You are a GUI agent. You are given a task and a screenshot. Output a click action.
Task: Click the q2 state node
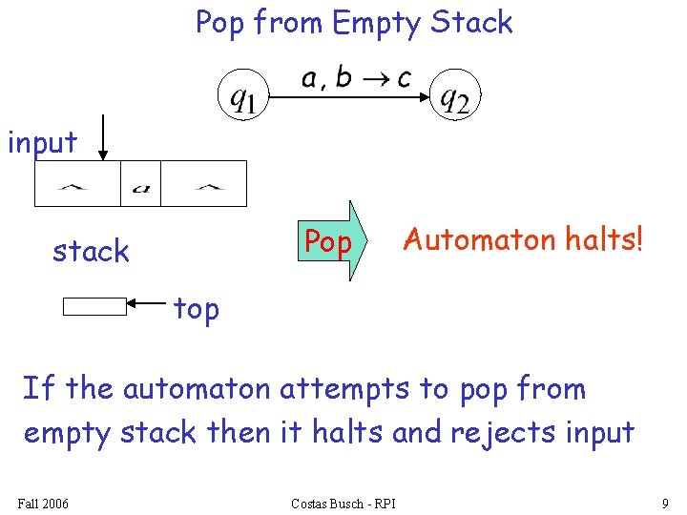pyautogui.click(x=454, y=96)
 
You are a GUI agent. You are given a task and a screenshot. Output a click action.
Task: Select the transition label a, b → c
pyautogui.click(x=355, y=78)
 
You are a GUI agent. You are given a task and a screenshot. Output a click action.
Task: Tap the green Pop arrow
pyautogui.click(x=333, y=241)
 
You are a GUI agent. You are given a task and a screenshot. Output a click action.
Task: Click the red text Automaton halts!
pyautogui.click(x=523, y=238)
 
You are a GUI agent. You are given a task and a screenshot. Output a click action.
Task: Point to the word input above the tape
pyautogui.click(x=42, y=143)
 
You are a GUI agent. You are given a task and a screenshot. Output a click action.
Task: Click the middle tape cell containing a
pyautogui.click(x=140, y=183)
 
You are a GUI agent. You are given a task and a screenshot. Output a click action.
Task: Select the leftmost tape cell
pyautogui.click(x=77, y=183)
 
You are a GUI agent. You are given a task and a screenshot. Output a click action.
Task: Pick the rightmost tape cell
pyautogui.click(x=203, y=183)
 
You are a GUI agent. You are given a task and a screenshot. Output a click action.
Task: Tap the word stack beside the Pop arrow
pyautogui.click(x=91, y=251)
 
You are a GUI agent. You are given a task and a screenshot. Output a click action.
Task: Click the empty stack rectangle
pyautogui.click(x=94, y=306)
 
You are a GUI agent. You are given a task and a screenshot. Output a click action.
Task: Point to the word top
pyautogui.click(x=197, y=309)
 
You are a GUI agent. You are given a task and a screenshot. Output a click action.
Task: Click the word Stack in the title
pyautogui.click(x=471, y=22)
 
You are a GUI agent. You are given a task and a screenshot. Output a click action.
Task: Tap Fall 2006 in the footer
pyautogui.click(x=43, y=503)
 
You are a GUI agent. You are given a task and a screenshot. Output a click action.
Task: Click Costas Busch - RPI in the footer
pyautogui.click(x=343, y=503)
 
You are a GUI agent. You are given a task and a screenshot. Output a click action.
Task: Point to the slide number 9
pyautogui.click(x=664, y=503)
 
